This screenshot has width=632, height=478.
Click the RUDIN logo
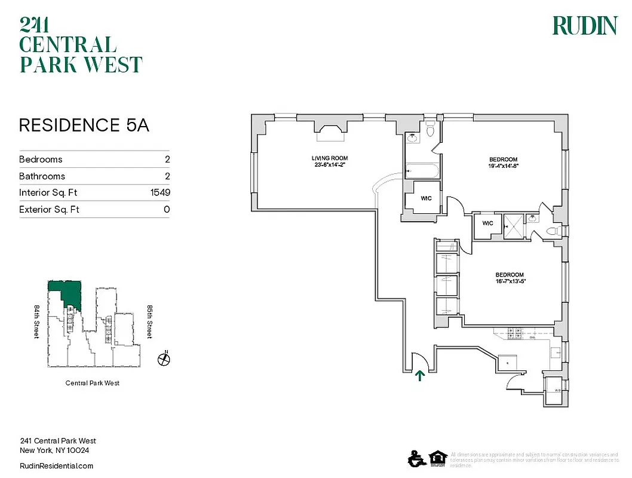click(x=584, y=26)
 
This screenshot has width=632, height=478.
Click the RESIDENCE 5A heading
click(x=84, y=125)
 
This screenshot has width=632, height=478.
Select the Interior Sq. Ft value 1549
click(x=161, y=192)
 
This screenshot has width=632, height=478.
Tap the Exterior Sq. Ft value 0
click(x=167, y=209)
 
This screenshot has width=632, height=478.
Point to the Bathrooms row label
click(x=42, y=176)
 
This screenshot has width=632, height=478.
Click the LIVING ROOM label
click(x=329, y=158)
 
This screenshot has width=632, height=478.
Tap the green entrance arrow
click(x=419, y=375)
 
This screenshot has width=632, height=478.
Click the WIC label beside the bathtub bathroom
click(x=427, y=198)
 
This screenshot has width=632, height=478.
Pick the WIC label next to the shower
click(x=487, y=223)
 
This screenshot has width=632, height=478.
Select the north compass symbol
click(x=164, y=359)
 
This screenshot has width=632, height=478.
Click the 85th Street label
click(x=150, y=322)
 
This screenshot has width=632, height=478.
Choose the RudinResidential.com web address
click(x=57, y=466)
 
